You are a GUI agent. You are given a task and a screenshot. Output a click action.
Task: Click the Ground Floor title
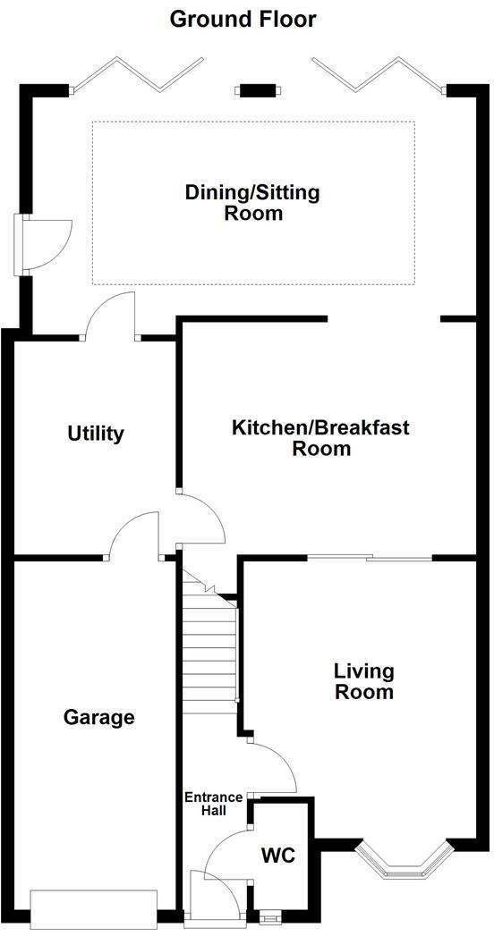coord(243,18)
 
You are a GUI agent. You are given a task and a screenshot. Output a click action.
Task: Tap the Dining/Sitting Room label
coord(252,202)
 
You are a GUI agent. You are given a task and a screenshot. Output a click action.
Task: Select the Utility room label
coord(96,434)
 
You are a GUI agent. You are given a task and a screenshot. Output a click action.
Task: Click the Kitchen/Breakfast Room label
coord(320,437)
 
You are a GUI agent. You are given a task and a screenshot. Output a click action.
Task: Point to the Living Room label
coord(363,681)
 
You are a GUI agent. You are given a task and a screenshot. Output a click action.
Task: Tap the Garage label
coord(99,717)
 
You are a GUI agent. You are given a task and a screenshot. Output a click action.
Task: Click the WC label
coord(277,856)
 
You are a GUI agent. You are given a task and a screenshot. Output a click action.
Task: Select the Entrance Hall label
coord(213,804)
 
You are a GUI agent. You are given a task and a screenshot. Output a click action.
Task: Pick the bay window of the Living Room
coord(401,863)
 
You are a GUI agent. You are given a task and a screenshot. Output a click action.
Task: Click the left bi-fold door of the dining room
coord(137,73)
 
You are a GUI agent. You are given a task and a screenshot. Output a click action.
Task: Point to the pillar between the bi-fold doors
coord(257,89)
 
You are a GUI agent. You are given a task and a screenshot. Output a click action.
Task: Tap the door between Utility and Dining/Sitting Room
coord(112,315)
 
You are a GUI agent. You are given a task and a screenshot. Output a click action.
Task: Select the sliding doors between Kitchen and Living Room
coord(370,559)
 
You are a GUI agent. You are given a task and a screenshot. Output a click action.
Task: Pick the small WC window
coord(267,915)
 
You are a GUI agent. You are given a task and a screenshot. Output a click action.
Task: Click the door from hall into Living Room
coord(273,767)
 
